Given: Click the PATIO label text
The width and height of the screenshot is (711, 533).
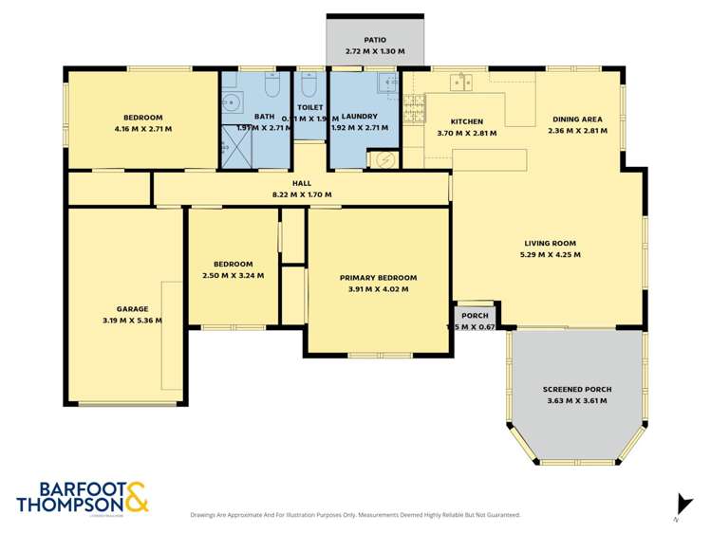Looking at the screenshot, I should [374, 40].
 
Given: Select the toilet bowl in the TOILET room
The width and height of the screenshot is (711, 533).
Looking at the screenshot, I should [309, 86].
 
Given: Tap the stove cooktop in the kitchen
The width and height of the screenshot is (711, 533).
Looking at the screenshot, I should [413, 109].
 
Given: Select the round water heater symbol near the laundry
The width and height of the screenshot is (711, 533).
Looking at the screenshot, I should [385, 159].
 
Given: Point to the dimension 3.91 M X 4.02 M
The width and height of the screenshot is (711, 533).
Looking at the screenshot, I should [378, 289].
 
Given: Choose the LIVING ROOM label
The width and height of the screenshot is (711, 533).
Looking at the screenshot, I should [550, 243].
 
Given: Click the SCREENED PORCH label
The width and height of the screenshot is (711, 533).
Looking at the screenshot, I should [576, 389].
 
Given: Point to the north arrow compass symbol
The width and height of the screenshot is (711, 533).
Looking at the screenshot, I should [679, 505].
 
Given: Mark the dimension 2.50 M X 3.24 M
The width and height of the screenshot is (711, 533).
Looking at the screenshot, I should [233, 275].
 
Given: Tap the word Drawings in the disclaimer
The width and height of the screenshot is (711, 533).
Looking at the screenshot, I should [204, 515].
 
